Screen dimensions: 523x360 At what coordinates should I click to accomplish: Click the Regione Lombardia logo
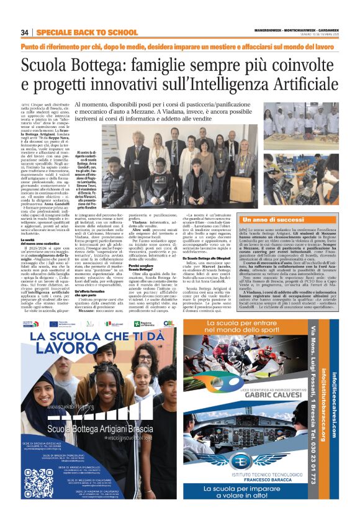point(147,325)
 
